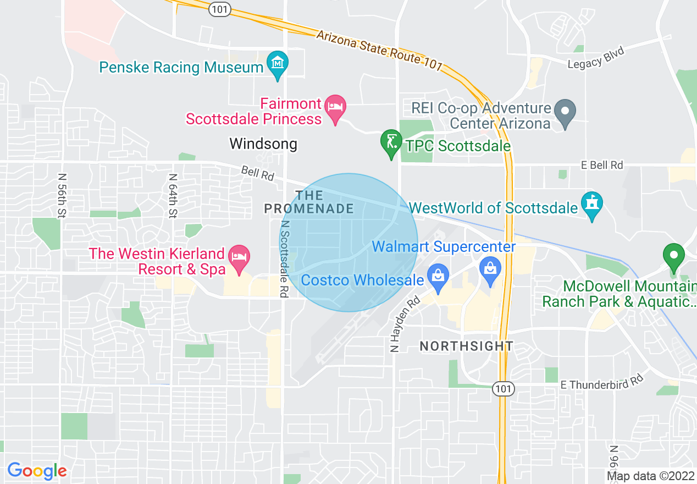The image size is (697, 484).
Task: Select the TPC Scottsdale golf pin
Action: pos(391,142)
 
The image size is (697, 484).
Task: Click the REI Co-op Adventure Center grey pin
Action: pos(565,111)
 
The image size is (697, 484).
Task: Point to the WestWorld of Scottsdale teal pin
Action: pos(592,204)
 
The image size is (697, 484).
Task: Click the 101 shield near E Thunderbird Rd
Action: pos(504,388)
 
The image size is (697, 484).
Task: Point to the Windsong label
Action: pos(263,144)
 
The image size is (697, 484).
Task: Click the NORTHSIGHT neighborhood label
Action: pos(466,346)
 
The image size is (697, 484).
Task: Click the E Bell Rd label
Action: pos(602,164)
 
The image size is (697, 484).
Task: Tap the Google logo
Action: pos(37,471)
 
